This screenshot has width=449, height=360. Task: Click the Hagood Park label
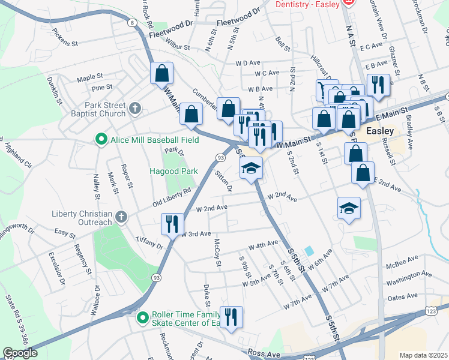[173, 171]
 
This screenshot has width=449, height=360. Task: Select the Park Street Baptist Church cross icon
[136, 109]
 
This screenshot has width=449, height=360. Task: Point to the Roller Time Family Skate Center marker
[143, 317]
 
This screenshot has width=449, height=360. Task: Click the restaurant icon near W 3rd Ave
[172, 224]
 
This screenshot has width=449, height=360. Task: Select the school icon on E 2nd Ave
[349, 208]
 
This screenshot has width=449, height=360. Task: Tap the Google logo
[20, 353]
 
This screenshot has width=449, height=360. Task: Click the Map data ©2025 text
[423, 355]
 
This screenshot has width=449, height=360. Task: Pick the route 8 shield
[131, 23]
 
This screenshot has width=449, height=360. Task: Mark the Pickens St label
[65, 37]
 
